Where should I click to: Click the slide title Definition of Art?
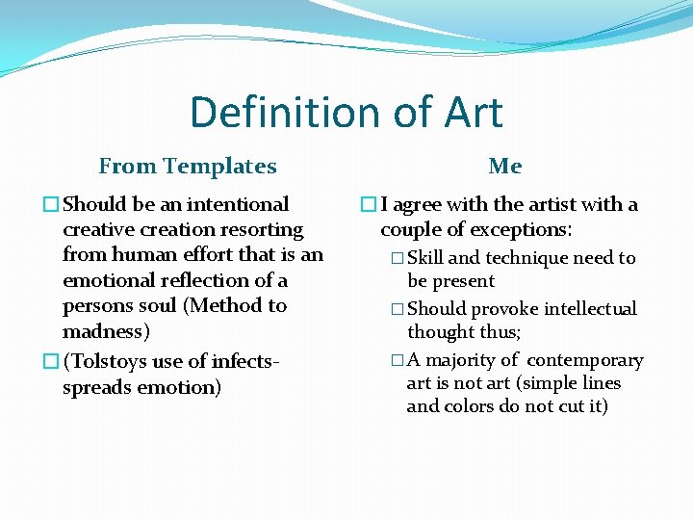pos(346,112)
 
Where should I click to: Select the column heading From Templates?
pos(188,167)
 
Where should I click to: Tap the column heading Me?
pos(504,167)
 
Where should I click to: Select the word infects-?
pos(237,362)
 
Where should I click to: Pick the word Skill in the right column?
pos(425,258)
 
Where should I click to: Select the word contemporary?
pos(585,360)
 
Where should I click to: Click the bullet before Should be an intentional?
pos(51,205)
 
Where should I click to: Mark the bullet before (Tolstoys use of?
pos(51,362)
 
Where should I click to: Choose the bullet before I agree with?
pos(369,205)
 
